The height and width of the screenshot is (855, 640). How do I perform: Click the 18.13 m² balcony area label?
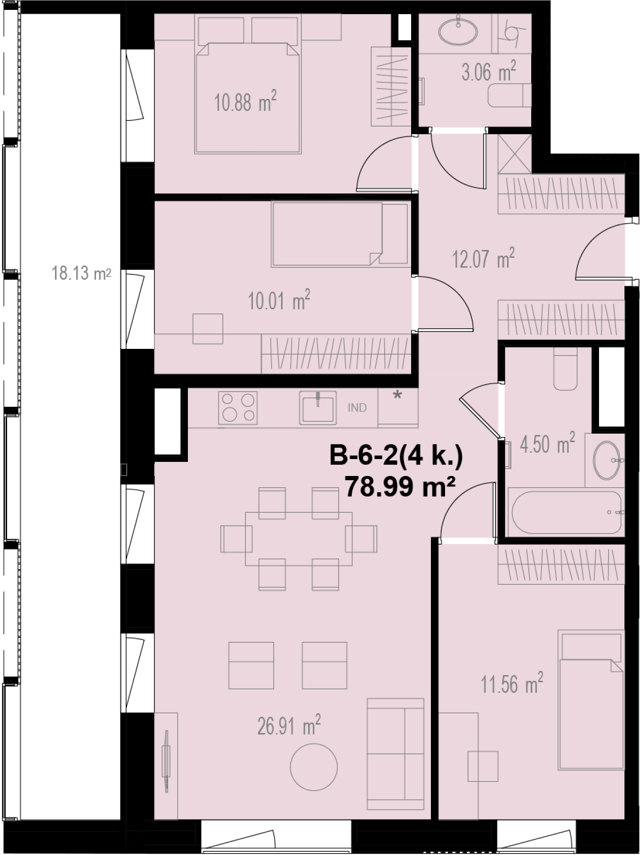81,273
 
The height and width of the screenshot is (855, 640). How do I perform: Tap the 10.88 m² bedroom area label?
245,101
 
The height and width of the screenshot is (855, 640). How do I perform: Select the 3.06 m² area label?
489,72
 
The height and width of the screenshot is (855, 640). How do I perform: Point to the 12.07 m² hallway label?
483,258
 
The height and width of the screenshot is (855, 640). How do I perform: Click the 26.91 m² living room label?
289,725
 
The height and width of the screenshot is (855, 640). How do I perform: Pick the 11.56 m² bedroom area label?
512,683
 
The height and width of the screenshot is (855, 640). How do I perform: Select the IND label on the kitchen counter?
357,408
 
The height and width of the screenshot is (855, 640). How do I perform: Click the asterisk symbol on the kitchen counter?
397,395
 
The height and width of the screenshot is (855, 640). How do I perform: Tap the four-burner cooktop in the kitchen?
238,408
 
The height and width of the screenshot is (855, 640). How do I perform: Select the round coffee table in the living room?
314,766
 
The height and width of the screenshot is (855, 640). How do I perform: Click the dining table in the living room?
299,539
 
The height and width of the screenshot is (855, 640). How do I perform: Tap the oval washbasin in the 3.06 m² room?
458,32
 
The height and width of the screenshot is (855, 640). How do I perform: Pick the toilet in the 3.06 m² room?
510,96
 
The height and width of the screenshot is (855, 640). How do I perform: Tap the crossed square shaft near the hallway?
515,153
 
